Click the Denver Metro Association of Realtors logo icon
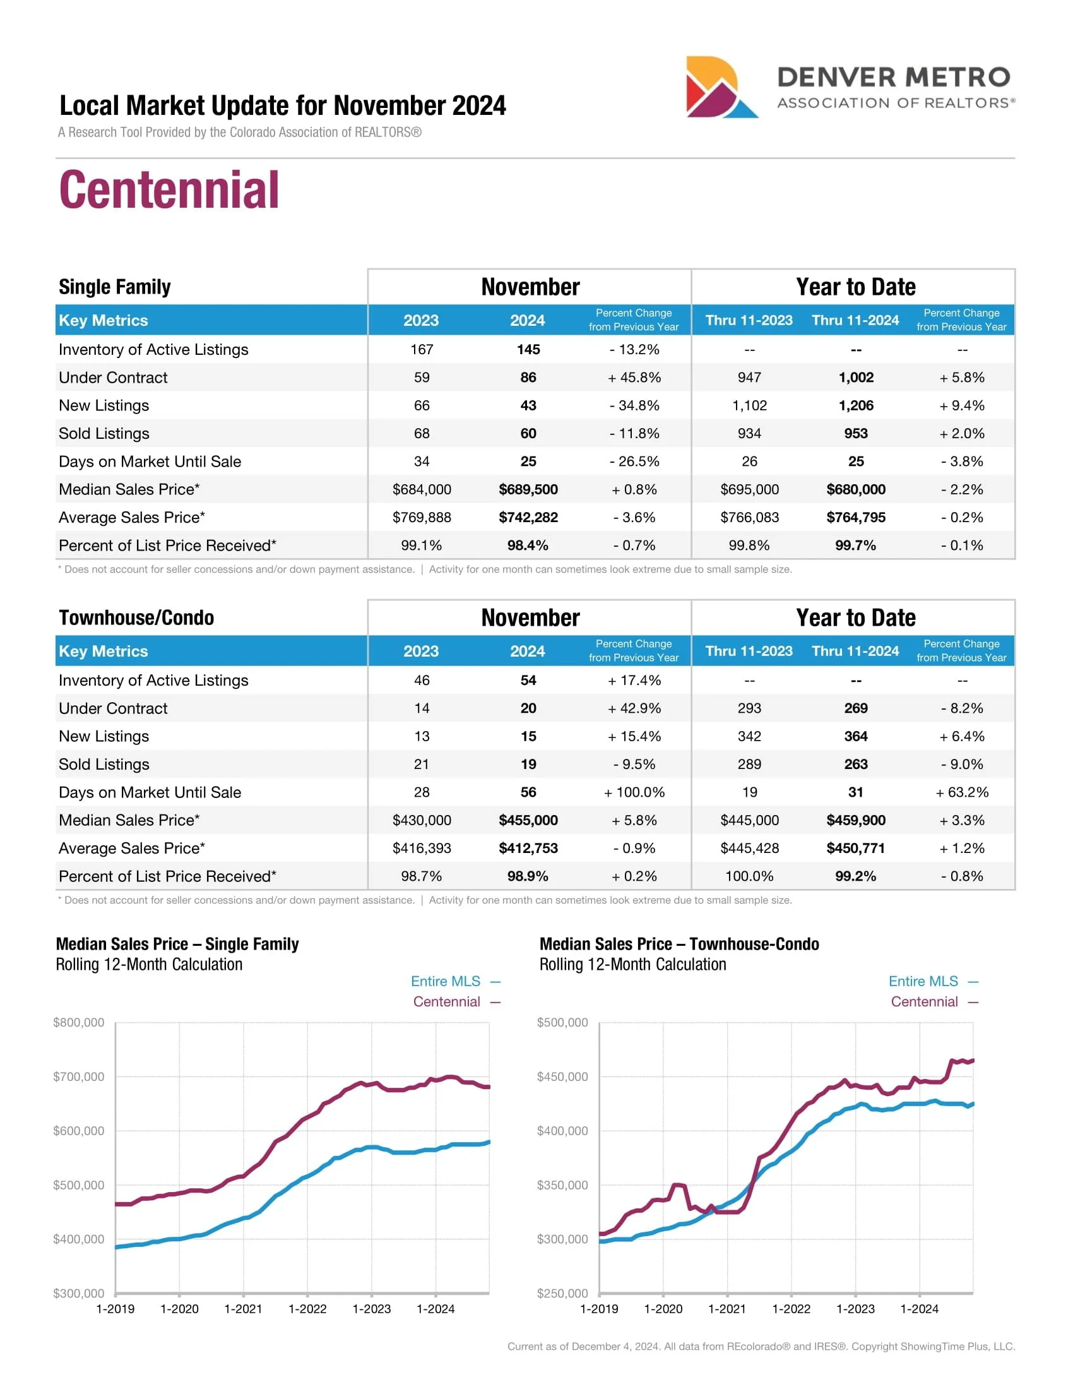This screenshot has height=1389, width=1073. click(x=720, y=87)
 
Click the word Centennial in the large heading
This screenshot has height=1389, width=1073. click(x=169, y=189)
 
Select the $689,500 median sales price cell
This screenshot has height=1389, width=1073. click(x=528, y=489)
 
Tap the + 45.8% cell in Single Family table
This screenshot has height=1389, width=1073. click(x=634, y=377)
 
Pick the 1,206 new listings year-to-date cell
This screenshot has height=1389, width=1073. click(x=856, y=405)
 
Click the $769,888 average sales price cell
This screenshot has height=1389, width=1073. click(x=422, y=517)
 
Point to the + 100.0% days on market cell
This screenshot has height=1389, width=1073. click(x=634, y=792)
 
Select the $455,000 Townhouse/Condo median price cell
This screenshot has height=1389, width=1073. click(x=528, y=820)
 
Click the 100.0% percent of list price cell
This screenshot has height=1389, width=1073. click(x=749, y=876)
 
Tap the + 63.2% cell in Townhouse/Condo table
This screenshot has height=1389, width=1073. click(x=962, y=792)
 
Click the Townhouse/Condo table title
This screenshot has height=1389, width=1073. click(x=136, y=617)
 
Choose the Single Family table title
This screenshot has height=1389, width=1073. click(x=114, y=287)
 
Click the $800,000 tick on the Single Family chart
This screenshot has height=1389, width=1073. click(x=78, y=1022)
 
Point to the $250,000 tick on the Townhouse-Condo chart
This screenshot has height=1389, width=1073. click(x=562, y=1293)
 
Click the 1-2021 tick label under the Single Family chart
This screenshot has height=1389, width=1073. click(x=243, y=1309)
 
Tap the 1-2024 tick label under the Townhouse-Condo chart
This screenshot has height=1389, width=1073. click(x=919, y=1309)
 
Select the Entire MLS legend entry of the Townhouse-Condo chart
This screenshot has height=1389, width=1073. click(x=923, y=981)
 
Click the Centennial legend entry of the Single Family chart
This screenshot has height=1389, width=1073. click(x=447, y=1002)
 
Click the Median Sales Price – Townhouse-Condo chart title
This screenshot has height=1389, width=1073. click(x=679, y=944)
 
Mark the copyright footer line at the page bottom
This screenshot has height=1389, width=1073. click(x=761, y=1347)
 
